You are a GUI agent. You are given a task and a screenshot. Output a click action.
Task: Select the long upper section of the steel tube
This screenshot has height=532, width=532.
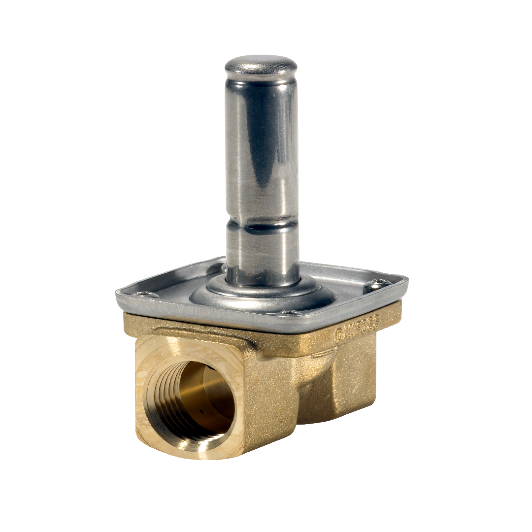262,148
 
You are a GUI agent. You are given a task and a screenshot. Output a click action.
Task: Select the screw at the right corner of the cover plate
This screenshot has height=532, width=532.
378,284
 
